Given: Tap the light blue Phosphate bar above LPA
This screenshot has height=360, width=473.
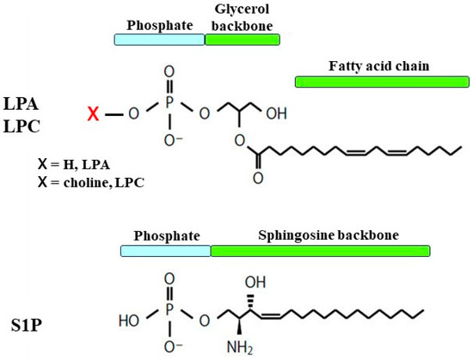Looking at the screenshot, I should pyautogui.click(x=160, y=40).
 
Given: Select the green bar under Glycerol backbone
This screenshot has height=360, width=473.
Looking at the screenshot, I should pyautogui.click(x=243, y=40).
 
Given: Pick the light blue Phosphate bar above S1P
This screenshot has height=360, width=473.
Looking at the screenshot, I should pyautogui.click(x=166, y=251).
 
